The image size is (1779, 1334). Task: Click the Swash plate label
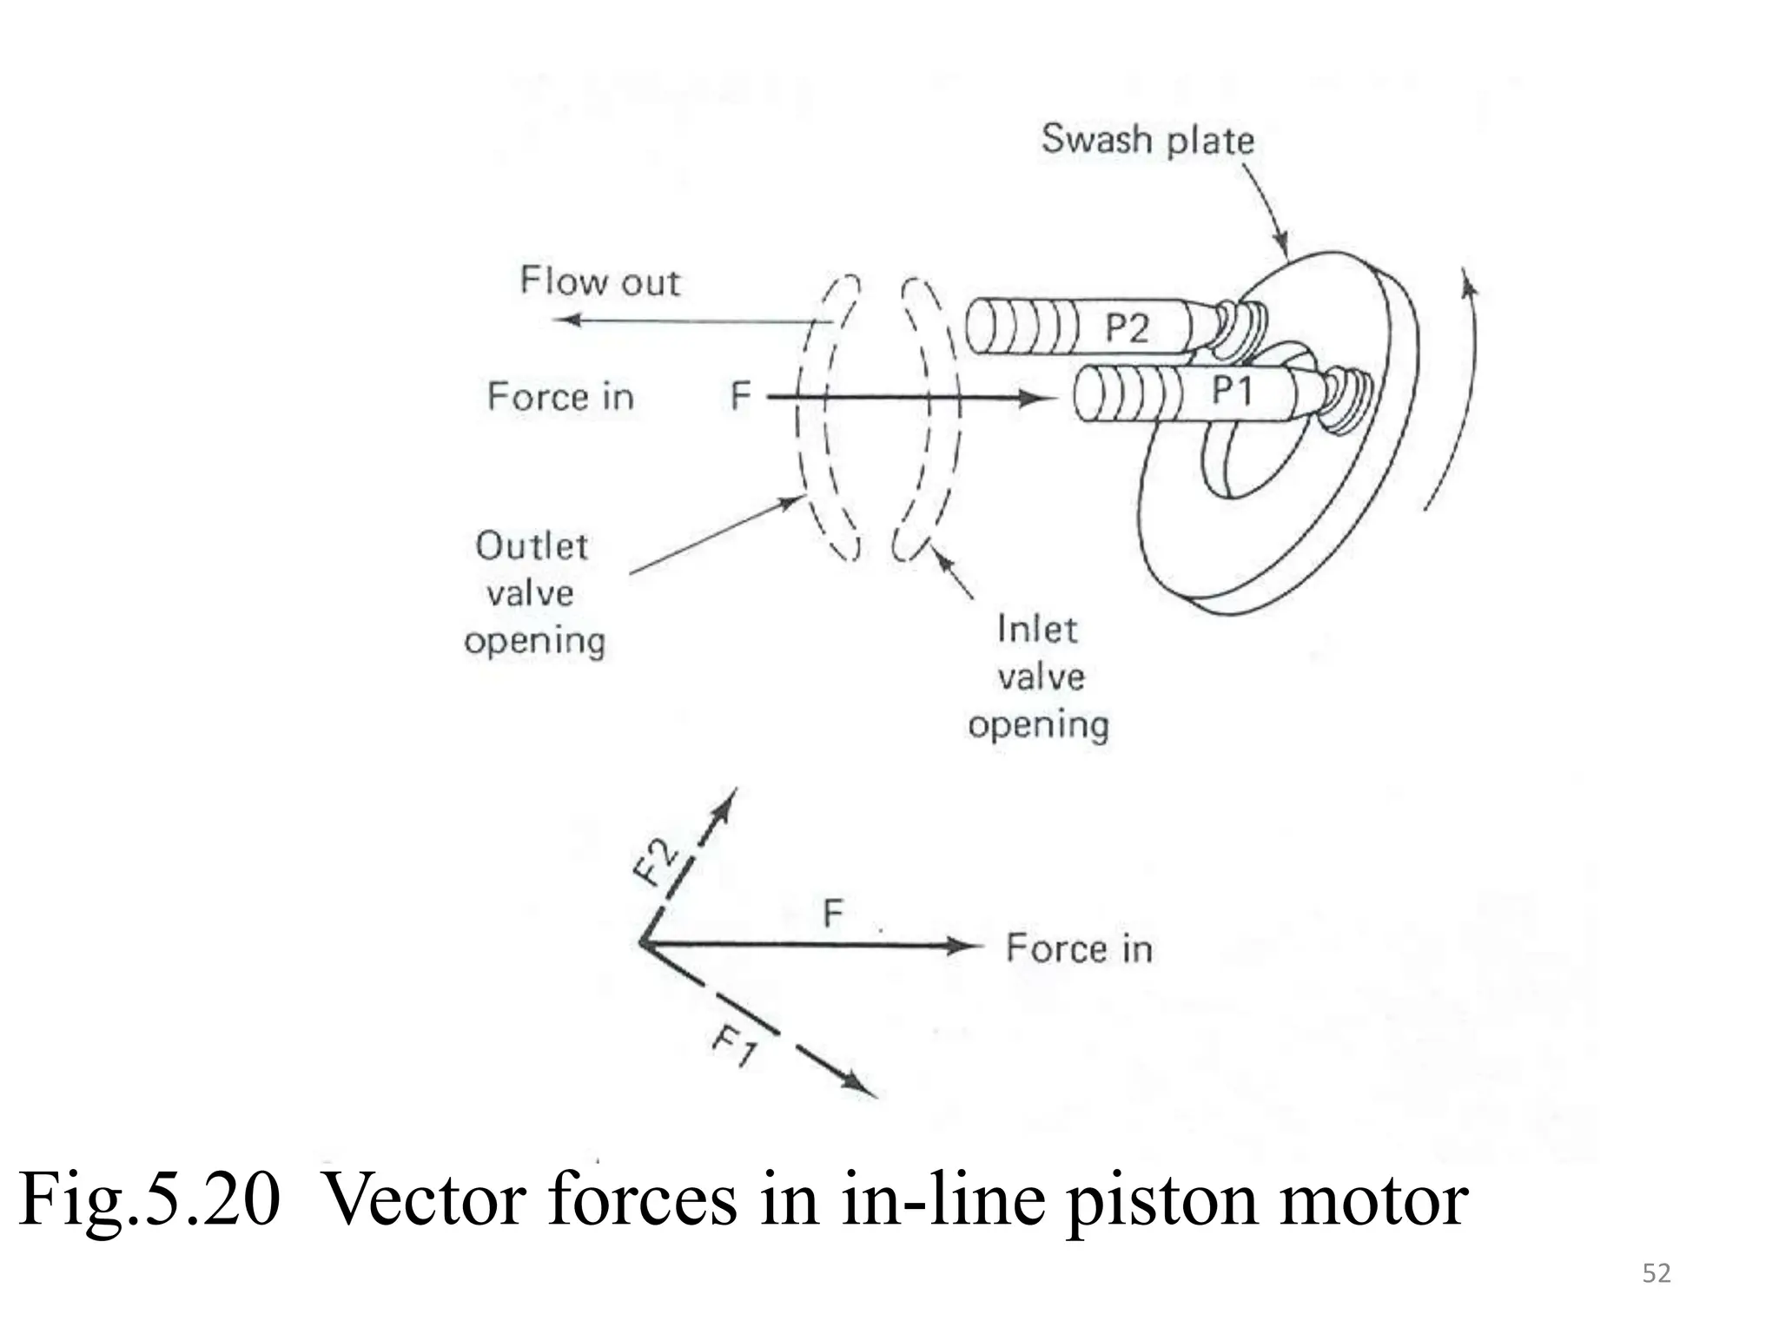point(1147,140)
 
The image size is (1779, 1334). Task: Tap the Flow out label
point(599,282)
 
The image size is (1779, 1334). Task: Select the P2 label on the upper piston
point(1127,329)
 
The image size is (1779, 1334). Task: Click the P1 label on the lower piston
point(1233,391)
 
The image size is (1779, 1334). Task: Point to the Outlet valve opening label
point(533,594)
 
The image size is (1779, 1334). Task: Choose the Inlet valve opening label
point(1039,677)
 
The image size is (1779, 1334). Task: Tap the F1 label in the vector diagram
point(735,1046)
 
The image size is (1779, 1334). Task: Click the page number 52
point(1657,1273)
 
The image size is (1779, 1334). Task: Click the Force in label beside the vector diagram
point(1079,948)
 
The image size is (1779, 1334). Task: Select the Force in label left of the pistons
point(560,397)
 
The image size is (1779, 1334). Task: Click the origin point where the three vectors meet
point(642,943)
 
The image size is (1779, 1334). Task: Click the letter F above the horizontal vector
point(833,914)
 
